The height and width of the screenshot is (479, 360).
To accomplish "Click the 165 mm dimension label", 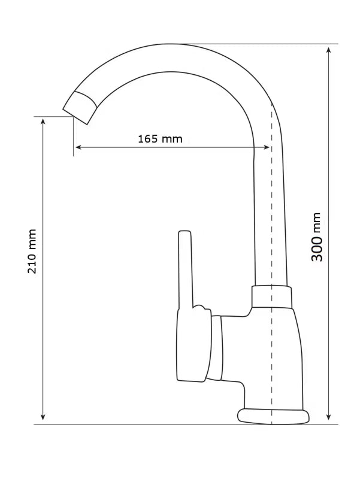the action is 160,139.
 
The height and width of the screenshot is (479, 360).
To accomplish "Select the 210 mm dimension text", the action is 32,251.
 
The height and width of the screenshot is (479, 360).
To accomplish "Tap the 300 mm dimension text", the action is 317,237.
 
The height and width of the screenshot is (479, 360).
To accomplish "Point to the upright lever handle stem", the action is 186,269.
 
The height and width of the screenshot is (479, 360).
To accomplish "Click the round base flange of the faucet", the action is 273,416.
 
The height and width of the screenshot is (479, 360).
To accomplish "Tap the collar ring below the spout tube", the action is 272,296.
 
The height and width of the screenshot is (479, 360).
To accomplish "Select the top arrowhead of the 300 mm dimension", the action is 328,50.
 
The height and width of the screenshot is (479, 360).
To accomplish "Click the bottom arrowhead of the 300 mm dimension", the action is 328,417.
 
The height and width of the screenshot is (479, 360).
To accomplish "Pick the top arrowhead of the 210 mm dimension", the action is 43,122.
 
